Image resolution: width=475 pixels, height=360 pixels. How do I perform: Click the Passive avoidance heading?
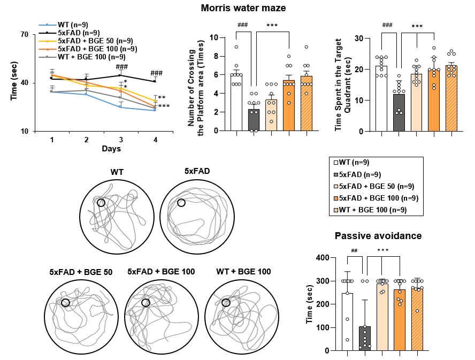(x=378, y=236)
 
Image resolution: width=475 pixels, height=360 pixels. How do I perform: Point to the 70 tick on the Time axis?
(x=25, y=35)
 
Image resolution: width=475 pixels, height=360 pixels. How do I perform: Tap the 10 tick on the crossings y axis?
(x=214, y=37)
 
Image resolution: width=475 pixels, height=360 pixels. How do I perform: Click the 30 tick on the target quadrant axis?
(x=367, y=39)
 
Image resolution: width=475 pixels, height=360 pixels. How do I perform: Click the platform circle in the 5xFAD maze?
(x=181, y=203)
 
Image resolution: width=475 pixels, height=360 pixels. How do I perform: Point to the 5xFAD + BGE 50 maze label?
(x=81, y=272)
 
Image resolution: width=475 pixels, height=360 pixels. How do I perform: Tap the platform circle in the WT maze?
(x=101, y=203)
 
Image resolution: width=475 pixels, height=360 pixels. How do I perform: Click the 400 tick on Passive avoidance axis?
(x=324, y=258)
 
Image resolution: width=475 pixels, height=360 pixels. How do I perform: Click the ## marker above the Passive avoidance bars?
(x=354, y=251)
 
